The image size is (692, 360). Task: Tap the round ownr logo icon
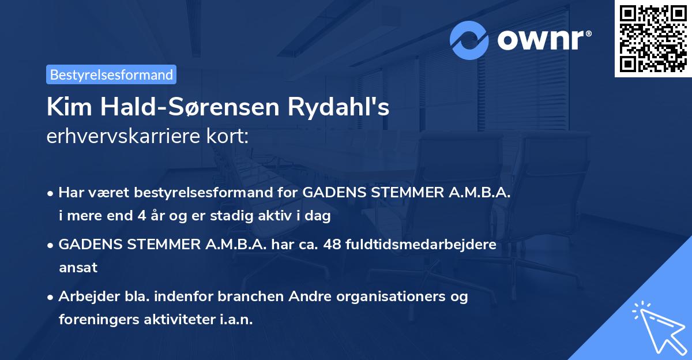(x=469, y=40)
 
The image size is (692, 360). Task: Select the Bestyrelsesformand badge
(x=111, y=74)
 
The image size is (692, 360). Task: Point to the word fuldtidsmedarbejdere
(x=422, y=245)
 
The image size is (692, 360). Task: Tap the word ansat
(x=78, y=268)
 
